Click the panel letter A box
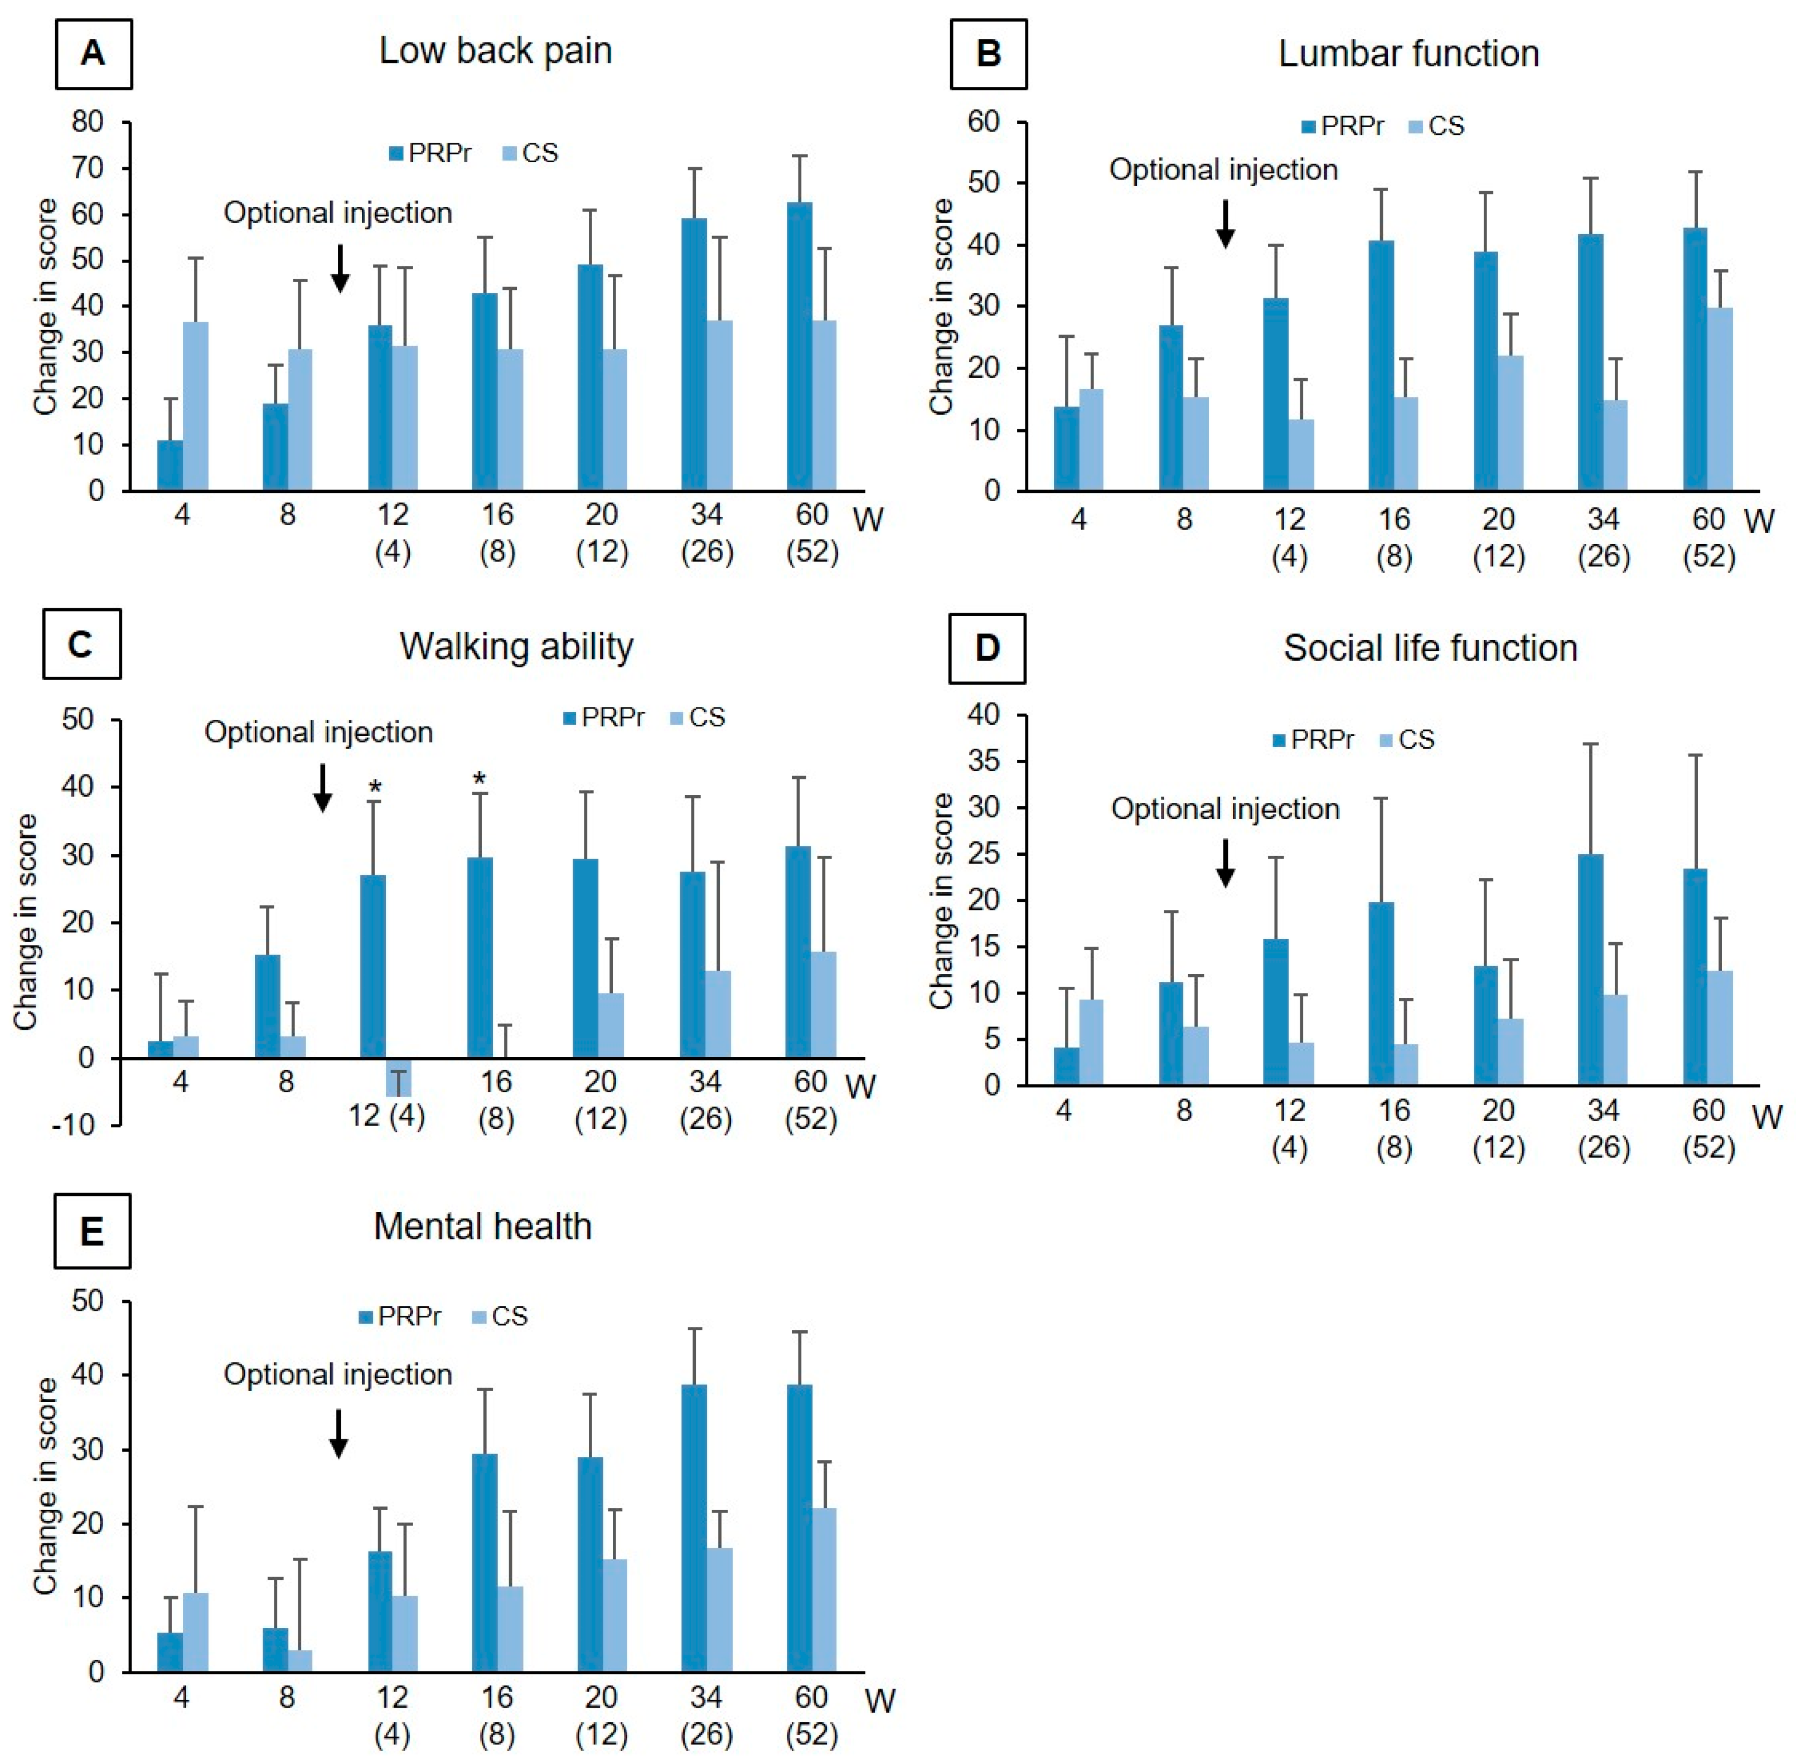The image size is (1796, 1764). [94, 54]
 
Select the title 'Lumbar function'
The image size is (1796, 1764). [1408, 54]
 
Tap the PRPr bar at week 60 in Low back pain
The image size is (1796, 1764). [799, 347]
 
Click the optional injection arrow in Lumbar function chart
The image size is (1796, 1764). [1225, 224]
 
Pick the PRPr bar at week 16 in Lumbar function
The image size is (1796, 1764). [1381, 366]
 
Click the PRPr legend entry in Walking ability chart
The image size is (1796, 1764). [603, 718]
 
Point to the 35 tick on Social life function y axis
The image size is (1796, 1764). [984, 762]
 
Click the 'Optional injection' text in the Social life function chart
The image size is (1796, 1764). [1225, 809]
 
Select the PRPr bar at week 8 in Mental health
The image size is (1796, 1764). [275, 1650]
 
